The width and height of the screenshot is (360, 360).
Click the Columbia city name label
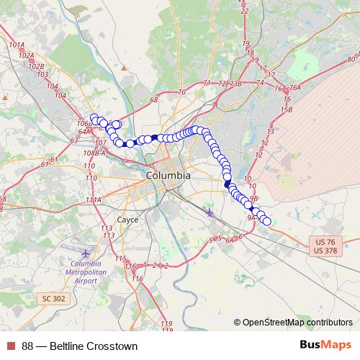pyautogui.click(x=168, y=175)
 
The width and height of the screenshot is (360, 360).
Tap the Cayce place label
pyautogui.click(x=127, y=220)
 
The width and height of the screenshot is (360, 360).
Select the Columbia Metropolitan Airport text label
pyautogui.click(x=85, y=272)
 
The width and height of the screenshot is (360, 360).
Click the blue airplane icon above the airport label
pyautogui.click(x=86, y=253)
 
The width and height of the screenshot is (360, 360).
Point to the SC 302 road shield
pyautogui.click(x=53, y=298)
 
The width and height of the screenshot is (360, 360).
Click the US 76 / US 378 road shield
pyautogui.click(x=325, y=246)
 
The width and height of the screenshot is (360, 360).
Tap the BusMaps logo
pyautogui.click(x=325, y=345)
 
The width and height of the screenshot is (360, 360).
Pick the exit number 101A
pyautogui.click(x=17, y=45)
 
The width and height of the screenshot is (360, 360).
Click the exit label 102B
pyautogui.click(x=37, y=66)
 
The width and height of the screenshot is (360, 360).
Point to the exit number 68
pyautogui.click(x=153, y=100)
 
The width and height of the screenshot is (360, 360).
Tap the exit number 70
pyautogui.click(x=181, y=92)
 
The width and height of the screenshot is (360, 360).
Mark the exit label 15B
pyautogui.click(x=287, y=109)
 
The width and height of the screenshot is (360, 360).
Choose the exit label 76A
pyautogui.click(x=294, y=87)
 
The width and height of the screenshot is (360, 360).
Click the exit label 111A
pyautogui.click(x=93, y=199)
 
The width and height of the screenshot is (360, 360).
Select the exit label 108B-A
pyautogui.click(x=94, y=153)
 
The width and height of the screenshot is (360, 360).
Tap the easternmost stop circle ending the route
pyautogui.click(x=267, y=221)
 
